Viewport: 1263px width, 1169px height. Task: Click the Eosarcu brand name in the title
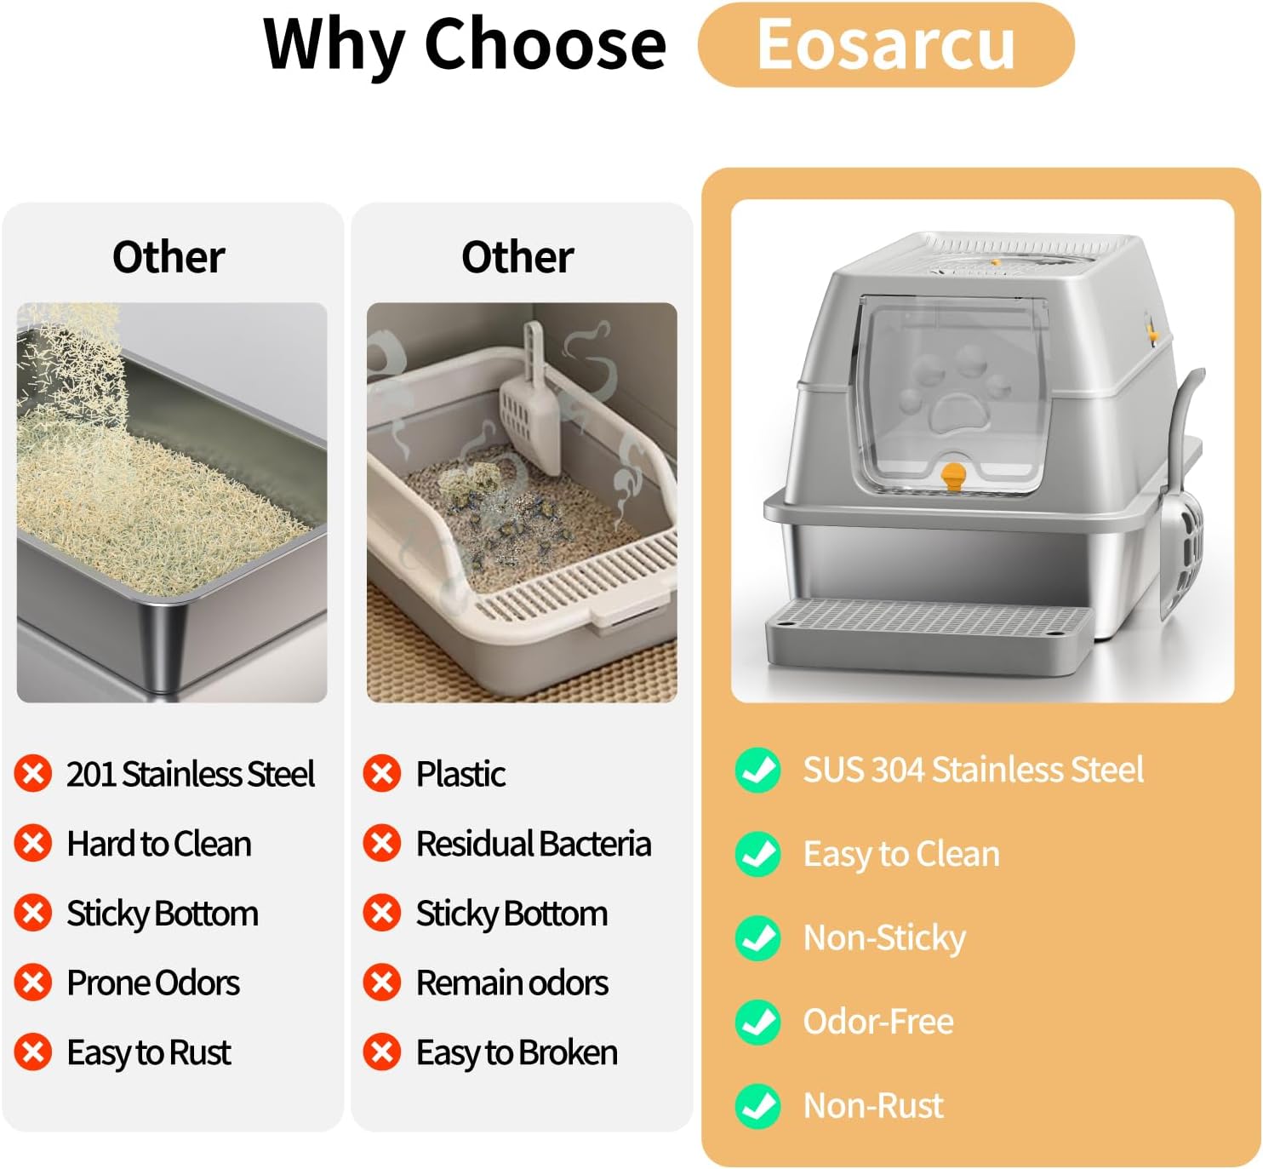[885, 44]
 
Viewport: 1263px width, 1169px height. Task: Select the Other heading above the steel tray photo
[169, 257]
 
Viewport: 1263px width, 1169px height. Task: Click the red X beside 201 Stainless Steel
[33, 773]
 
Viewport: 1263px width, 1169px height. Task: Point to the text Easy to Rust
[149, 1052]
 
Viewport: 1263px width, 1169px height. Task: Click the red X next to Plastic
[381, 773]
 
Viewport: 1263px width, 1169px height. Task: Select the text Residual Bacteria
[534, 844]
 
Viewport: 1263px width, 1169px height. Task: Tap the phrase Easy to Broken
[517, 1052]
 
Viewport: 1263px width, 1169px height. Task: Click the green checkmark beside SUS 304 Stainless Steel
[757, 770]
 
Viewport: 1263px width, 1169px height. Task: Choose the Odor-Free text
[878, 1022]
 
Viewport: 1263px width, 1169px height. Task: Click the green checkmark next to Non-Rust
[757, 1106]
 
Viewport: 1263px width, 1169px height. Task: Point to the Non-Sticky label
[884, 938]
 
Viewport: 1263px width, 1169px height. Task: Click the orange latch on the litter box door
[952, 475]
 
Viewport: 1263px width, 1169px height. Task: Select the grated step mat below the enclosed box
[929, 633]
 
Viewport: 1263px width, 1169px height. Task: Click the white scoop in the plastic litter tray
[532, 401]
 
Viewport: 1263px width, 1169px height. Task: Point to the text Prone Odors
[153, 983]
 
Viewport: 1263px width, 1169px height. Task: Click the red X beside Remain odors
[381, 982]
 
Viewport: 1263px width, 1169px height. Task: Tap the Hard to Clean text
[159, 844]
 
